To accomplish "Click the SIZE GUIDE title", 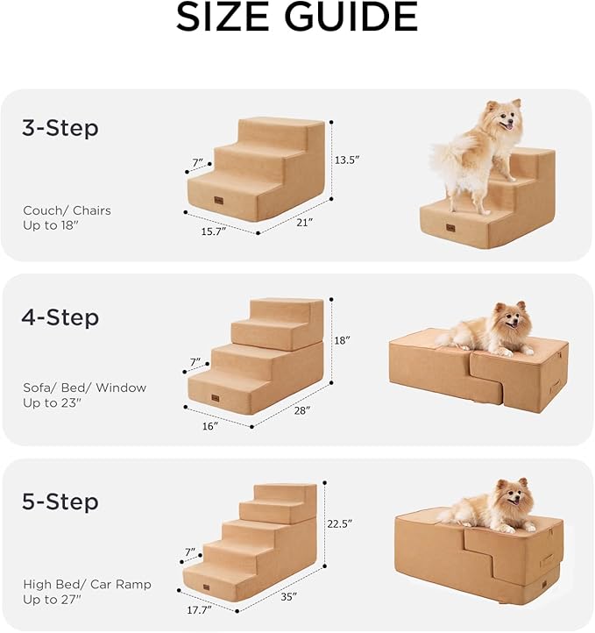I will (x=297, y=18).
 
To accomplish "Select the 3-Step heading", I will (x=60, y=129).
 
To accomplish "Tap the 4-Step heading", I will (x=60, y=316).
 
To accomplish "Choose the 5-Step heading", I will (x=60, y=502).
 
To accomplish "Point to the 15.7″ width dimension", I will (x=213, y=231).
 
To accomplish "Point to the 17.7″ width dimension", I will (x=202, y=610).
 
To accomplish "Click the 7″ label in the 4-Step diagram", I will (x=195, y=361).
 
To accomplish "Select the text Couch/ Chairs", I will (x=67, y=210).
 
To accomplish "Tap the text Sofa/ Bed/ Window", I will (x=84, y=388).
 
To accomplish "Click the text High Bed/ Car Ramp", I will (x=87, y=584).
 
